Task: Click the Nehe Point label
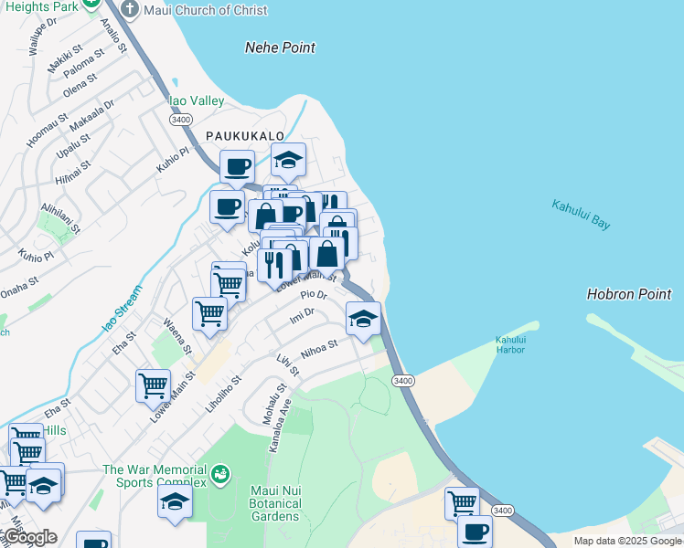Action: click(280, 47)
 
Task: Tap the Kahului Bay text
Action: click(581, 215)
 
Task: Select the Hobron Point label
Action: click(628, 294)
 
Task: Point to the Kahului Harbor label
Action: click(510, 344)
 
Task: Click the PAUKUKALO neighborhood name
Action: click(244, 135)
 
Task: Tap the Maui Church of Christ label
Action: click(206, 10)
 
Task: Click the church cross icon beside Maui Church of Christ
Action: click(129, 10)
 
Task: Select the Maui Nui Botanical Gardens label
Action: click(275, 503)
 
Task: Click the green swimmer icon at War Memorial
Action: click(219, 475)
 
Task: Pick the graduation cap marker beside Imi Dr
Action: click(363, 319)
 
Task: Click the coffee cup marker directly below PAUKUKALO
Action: click(237, 166)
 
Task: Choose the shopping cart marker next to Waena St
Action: click(209, 313)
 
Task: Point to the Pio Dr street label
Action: click(314, 296)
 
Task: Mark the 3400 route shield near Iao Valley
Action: click(180, 120)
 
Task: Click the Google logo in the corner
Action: click(29, 538)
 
